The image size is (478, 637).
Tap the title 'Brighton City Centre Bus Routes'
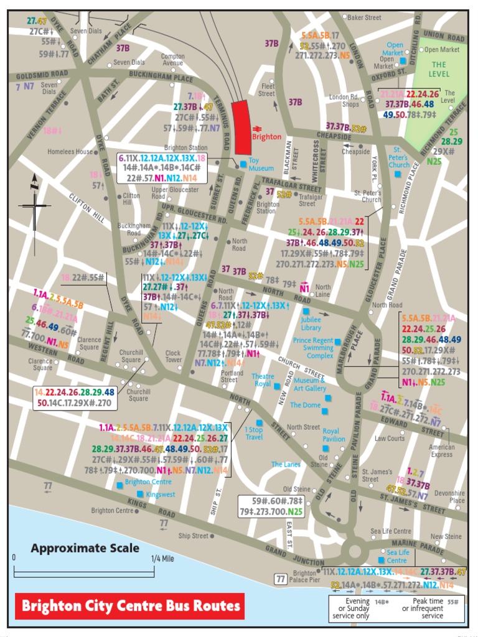tap(129, 605)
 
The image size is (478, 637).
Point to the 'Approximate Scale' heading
tap(85, 548)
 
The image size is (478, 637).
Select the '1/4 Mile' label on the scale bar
tap(163, 559)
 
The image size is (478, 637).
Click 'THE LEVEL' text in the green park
tap(439, 68)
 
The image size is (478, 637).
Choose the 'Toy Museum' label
tap(261, 164)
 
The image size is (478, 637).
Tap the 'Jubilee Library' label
tap(311, 323)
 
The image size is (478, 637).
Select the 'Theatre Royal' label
tap(262, 380)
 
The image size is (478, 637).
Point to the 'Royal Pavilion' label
tap(334, 435)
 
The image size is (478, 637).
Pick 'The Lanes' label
tap(286, 465)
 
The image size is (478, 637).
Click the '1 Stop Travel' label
tap(254, 434)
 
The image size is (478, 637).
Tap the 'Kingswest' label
tap(161, 494)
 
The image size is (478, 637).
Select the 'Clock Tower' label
tap(173, 357)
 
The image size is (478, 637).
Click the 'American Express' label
tap(441, 451)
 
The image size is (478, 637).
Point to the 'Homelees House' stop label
tap(70, 152)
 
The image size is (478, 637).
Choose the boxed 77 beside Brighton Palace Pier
tap(281, 579)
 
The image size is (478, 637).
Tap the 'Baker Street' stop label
tap(364, 18)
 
